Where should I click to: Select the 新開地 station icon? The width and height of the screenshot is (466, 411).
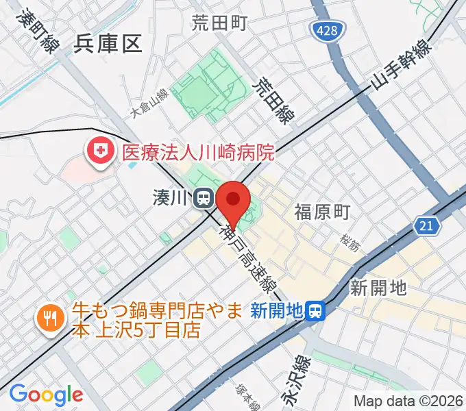pyautogui.click(x=316, y=312)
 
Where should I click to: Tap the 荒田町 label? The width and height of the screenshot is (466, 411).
pyautogui.click(x=219, y=24)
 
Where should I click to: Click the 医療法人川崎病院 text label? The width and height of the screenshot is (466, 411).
pyautogui.click(x=198, y=151)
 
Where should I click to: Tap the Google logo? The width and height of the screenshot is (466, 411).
pyautogui.click(x=46, y=395)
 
